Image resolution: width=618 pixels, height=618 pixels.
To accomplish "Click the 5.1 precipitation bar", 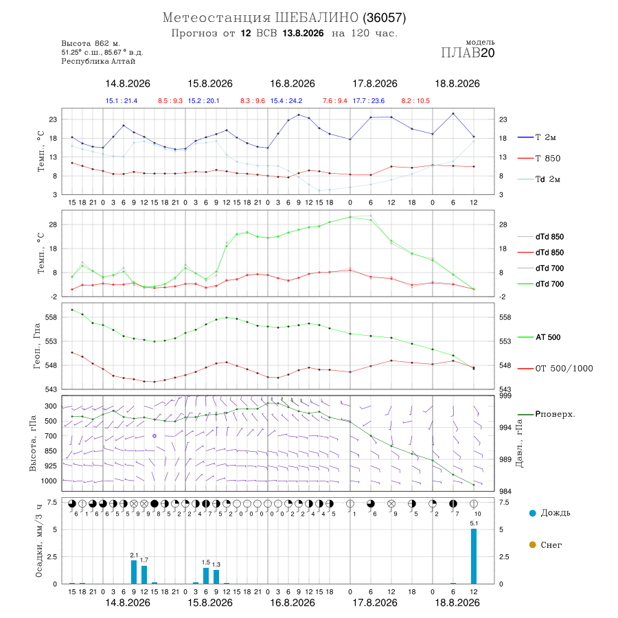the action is [473, 556].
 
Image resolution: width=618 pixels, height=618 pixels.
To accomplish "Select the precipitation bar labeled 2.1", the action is [134, 572].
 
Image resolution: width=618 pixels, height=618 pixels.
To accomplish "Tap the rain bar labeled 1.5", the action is [206, 576].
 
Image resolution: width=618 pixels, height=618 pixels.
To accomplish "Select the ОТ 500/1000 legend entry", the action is [555, 369].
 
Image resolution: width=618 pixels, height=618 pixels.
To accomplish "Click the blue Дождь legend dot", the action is [532, 513].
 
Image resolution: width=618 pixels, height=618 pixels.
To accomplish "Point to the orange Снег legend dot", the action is [532, 545].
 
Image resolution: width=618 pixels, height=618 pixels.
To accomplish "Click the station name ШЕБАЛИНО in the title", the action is [317, 18].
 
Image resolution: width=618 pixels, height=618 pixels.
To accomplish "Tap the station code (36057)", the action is [385, 18].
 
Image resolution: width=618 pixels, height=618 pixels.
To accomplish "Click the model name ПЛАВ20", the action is [468, 53].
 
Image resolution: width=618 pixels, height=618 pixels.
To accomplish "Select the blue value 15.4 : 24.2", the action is [286, 101].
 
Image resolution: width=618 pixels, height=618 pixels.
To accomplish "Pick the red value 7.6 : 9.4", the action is [335, 101].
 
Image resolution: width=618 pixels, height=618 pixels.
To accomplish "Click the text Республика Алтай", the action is [98, 62].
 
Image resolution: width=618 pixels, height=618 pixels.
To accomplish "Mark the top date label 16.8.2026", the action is [293, 84].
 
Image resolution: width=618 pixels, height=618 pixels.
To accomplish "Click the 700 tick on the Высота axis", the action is [50, 436].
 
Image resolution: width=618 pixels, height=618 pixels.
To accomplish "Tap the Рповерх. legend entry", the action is [547, 414].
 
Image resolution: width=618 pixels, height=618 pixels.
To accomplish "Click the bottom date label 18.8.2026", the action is [457, 603].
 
